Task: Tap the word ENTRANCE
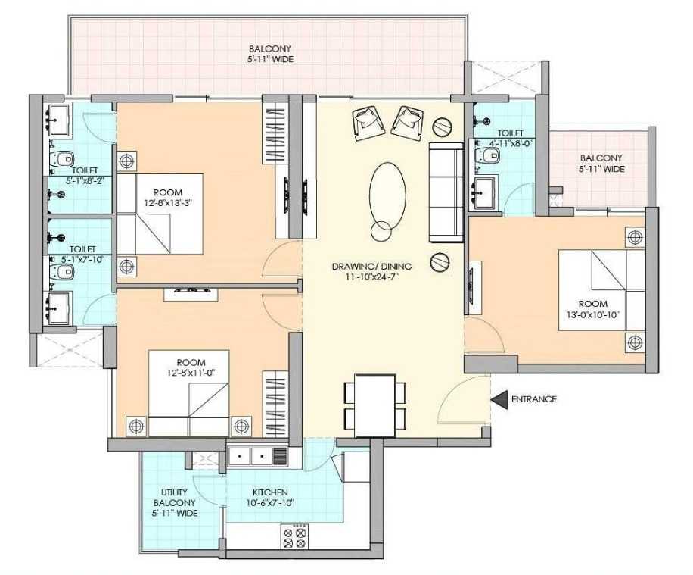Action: (534, 399)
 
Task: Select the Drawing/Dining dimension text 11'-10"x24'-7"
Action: (371, 277)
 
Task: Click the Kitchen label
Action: (270, 492)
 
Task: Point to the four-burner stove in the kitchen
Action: (294, 536)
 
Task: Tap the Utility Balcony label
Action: (175, 502)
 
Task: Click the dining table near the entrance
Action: (375, 405)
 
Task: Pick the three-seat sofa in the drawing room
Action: (446, 192)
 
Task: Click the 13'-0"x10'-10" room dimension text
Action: (593, 314)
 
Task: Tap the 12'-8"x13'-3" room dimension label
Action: (167, 203)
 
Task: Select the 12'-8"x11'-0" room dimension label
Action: (191, 372)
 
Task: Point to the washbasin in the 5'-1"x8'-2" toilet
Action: (58, 120)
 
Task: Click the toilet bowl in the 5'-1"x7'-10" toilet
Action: (61, 272)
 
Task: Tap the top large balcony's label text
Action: (270, 54)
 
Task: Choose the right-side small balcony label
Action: (601, 164)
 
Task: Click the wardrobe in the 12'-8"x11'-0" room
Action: (276, 403)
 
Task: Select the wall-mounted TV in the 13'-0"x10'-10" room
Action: (472, 287)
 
